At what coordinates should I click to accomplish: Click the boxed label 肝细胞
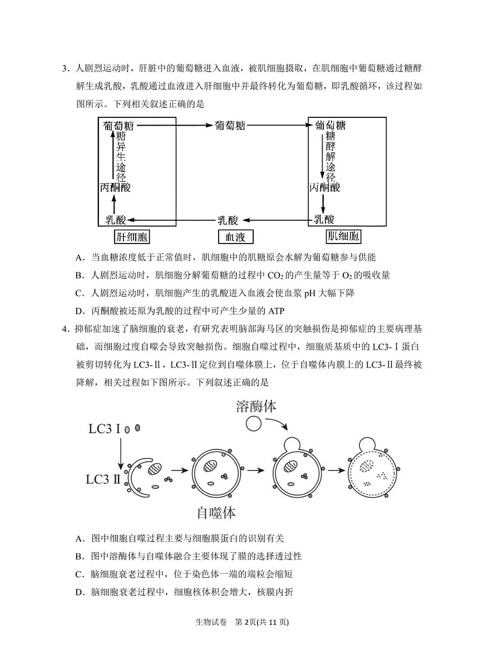(x=132, y=237)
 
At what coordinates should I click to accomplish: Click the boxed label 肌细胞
(x=343, y=237)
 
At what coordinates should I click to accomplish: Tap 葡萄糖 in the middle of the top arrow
(x=230, y=126)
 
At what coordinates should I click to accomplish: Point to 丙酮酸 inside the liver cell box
(x=115, y=188)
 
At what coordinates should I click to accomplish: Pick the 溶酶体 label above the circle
(x=256, y=406)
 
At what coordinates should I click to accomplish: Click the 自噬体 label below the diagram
(x=218, y=513)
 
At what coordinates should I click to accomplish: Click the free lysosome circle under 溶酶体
(x=254, y=424)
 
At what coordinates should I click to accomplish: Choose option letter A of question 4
(x=80, y=538)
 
